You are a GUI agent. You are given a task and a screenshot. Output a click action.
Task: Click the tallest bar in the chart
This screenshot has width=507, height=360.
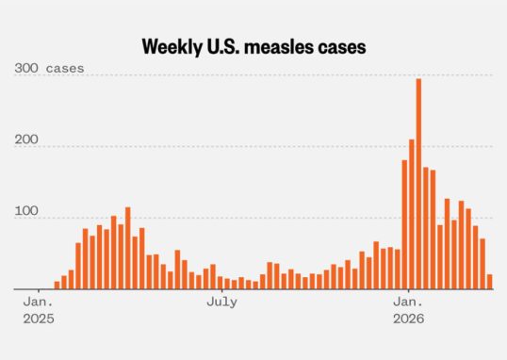point(418,184)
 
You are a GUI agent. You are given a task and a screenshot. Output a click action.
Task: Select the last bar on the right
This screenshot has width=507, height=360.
point(489,282)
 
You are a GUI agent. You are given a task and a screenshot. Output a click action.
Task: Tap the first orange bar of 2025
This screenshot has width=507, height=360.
point(57,285)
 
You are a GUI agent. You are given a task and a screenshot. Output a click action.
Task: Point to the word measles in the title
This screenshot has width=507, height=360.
point(279,47)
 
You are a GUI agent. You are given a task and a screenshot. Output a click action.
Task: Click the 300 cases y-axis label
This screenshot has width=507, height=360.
point(49,68)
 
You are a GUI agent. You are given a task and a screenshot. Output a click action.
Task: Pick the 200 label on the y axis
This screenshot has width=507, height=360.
point(26,139)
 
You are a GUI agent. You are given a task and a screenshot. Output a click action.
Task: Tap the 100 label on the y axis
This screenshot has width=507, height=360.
point(26,211)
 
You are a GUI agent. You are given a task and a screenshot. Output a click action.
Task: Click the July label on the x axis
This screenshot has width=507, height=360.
point(221,303)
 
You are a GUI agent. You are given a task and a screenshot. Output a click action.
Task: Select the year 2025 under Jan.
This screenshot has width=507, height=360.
point(39,319)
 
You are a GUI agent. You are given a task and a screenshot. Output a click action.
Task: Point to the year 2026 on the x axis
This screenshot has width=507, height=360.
point(408,319)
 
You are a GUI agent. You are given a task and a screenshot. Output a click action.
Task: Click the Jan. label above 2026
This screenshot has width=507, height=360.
point(408,303)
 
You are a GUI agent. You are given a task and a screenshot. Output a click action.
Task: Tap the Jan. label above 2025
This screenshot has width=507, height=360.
point(38,303)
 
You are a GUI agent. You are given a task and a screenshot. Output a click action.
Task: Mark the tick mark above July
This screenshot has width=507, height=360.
point(222,291)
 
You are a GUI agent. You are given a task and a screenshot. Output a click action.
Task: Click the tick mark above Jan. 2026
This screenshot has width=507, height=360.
point(409,291)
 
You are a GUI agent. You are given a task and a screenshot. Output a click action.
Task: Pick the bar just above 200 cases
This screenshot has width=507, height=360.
point(411,214)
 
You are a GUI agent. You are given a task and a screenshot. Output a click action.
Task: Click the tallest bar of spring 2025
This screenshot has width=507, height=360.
point(128,248)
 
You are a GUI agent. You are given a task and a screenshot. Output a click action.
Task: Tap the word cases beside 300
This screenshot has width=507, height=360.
point(65,69)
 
